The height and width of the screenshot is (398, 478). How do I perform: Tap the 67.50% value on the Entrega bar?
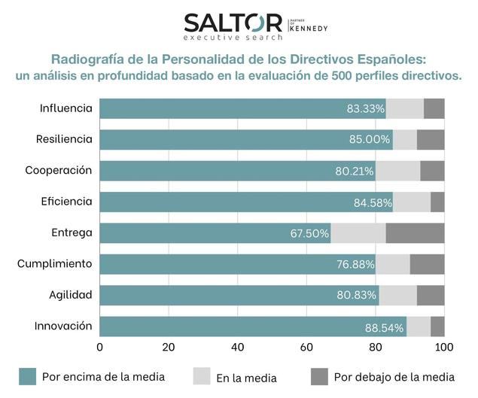click(309, 233)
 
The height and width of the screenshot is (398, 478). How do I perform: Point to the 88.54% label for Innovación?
click(384, 327)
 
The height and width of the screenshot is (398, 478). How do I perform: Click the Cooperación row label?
click(58, 170)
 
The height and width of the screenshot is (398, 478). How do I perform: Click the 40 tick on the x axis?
click(238, 348)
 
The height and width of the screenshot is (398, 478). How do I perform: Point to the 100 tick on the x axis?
click(444, 348)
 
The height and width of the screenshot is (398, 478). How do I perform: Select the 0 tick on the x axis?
click(100, 348)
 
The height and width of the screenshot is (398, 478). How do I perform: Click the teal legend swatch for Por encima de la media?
click(28, 376)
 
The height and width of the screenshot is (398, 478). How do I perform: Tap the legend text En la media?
click(245, 378)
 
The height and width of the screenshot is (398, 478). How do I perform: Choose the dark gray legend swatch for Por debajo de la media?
click(319, 376)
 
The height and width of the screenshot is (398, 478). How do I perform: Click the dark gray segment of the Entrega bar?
click(415, 233)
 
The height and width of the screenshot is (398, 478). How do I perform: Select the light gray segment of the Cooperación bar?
click(397, 171)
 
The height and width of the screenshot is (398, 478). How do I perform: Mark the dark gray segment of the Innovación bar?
click(437, 327)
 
